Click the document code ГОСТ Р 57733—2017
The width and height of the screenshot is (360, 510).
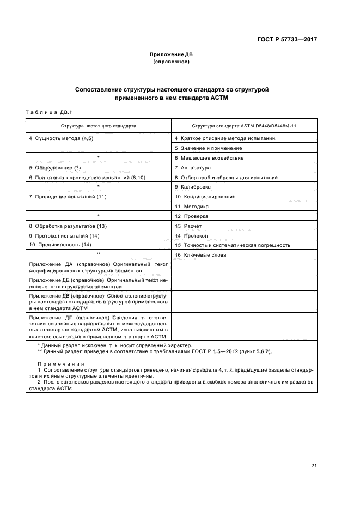(x=287, y=40)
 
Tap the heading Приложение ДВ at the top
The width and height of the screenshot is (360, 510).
(x=172, y=54)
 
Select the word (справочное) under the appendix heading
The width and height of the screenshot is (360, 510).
(x=172, y=62)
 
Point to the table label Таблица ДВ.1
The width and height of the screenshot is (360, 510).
(x=45, y=112)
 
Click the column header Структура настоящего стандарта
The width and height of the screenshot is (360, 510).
(x=99, y=125)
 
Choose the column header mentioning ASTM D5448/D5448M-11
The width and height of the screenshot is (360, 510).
(x=243, y=125)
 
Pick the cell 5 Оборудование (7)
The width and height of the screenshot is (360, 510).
(x=55, y=168)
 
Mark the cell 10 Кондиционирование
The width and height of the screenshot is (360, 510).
(x=205, y=197)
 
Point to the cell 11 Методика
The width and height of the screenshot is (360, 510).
(x=192, y=207)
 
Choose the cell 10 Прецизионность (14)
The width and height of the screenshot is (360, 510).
(x=60, y=245)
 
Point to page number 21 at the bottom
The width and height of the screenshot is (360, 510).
(x=314, y=465)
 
